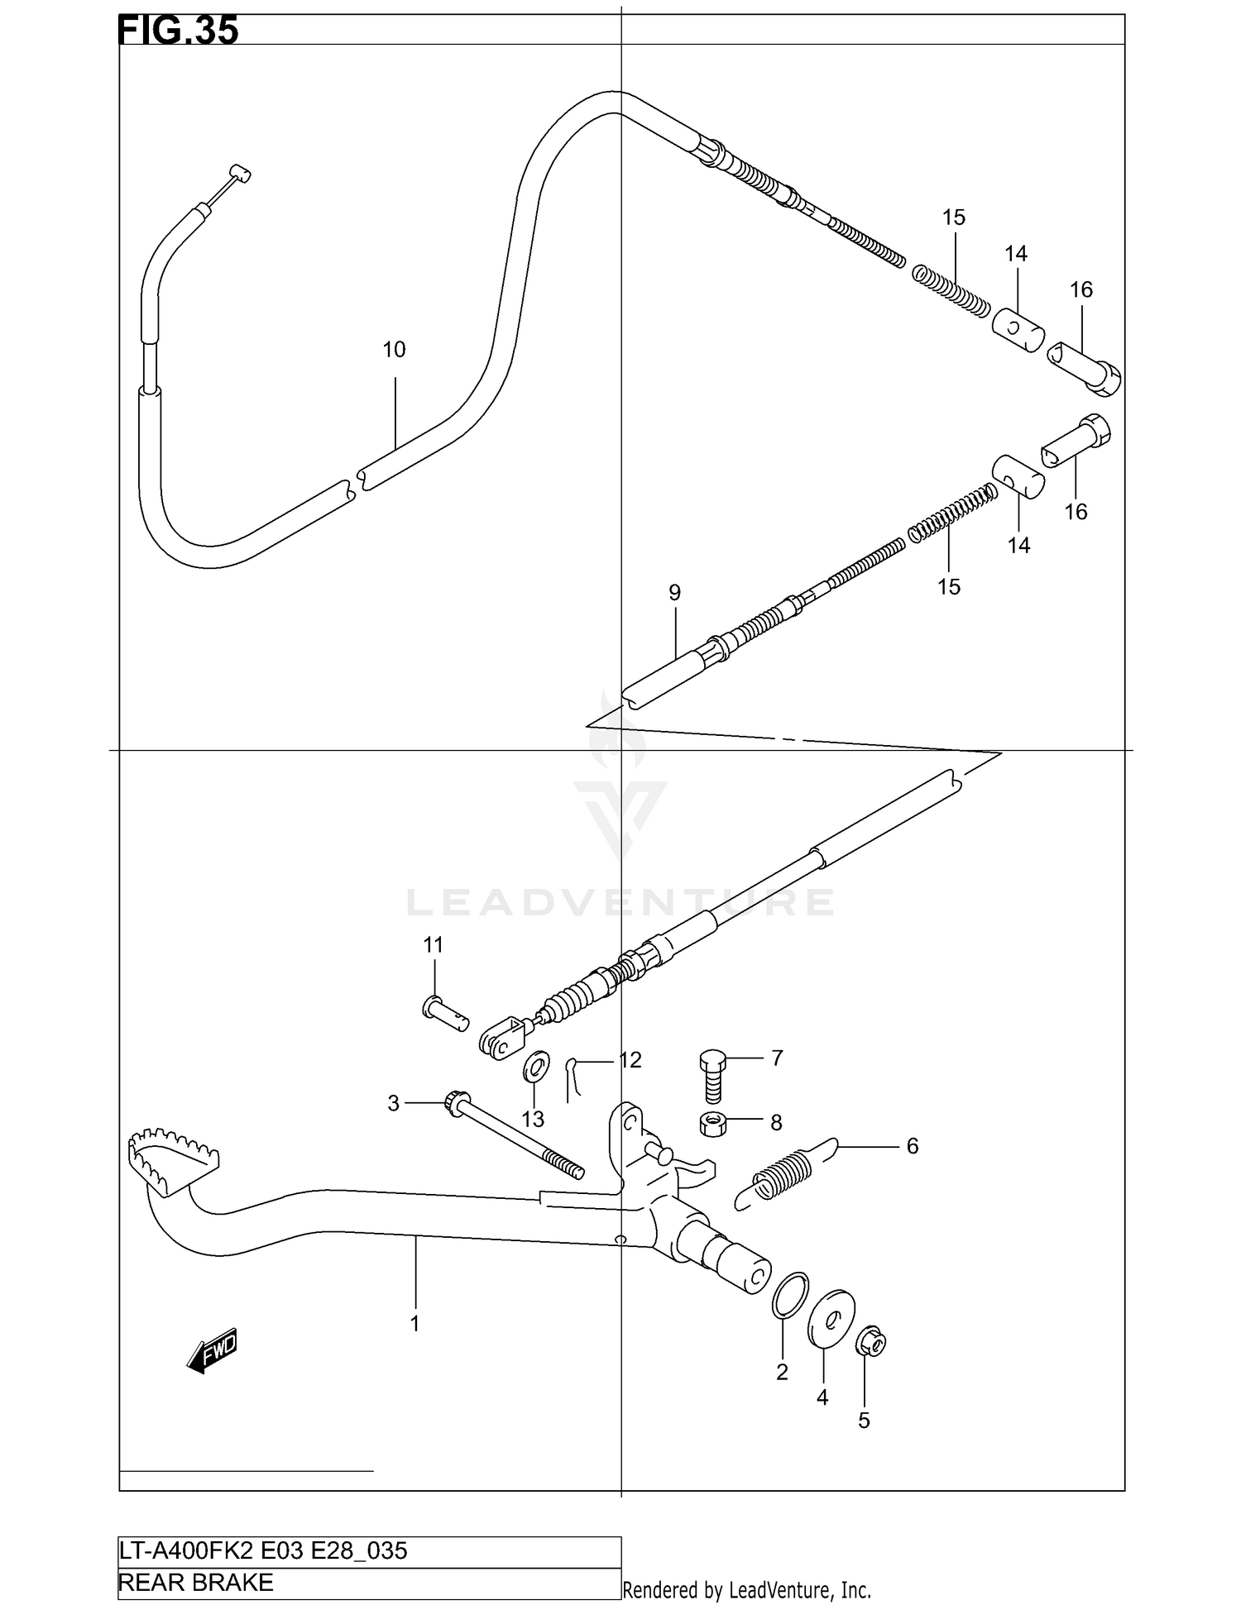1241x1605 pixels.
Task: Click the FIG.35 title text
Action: [x=179, y=30]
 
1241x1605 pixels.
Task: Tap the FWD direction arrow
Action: [x=213, y=1351]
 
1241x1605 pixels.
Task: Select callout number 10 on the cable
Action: [x=394, y=350]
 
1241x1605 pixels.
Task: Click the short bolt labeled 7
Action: [x=712, y=1076]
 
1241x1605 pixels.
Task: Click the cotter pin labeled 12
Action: [x=573, y=1078]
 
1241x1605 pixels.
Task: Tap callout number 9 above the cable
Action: [x=674, y=593]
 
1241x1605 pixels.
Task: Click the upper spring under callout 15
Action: [x=951, y=289]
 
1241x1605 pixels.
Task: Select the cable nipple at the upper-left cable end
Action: [x=239, y=174]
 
